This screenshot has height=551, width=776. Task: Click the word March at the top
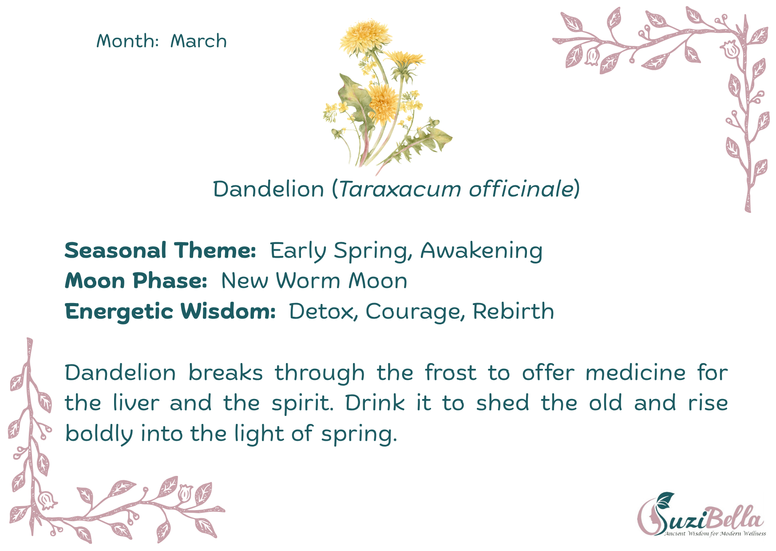pyautogui.click(x=198, y=41)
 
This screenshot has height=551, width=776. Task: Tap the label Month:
pyautogui.click(x=127, y=41)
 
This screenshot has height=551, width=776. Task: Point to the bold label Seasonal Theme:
pyautogui.click(x=160, y=250)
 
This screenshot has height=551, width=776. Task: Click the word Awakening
pyautogui.click(x=481, y=251)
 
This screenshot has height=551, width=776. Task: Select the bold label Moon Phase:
pyautogui.click(x=136, y=281)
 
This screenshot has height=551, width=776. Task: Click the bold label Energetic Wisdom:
pyautogui.click(x=170, y=311)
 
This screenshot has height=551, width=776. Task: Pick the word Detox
pyautogui.click(x=322, y=311)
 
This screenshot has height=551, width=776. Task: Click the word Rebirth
pyautogui.click(x=513, y=311)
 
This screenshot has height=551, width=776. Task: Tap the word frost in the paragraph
pyautogui.click(x=450, y=372)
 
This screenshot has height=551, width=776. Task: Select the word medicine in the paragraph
pyautogui.click(x=635, y=372)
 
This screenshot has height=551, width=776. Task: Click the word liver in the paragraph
pyautogui.click(x=136, y=403)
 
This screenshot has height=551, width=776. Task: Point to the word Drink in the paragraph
pyautogui.click(x=375, y=403)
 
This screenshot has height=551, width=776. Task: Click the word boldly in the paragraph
pyautogui.click(x=99, y=434)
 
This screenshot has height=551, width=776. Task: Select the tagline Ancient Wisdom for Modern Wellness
pyautogui.click(x=715, y=533)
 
